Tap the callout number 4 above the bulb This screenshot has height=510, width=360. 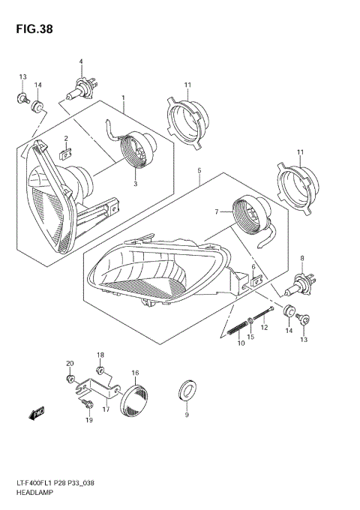(x=81, y=61)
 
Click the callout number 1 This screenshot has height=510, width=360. (x=123, y=98)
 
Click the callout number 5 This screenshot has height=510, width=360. (x=199, y=171)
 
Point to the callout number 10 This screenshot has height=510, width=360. (x=241, y=343)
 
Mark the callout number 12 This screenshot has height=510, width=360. (x=264, y=328)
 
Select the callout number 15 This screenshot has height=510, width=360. (x=250, y=338)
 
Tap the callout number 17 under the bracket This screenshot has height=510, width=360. (x=106, y=409)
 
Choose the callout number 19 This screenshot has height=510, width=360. (x=89, y=421)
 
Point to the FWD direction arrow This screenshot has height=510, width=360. (x=35, y=412)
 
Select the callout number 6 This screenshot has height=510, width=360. (x=253, y=267)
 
